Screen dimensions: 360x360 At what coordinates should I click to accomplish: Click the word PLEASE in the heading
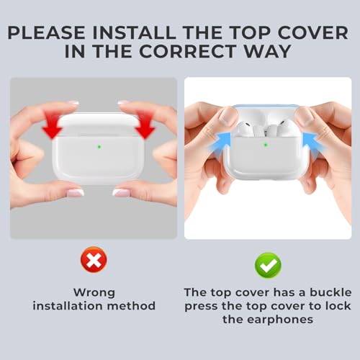(x=60, y=32)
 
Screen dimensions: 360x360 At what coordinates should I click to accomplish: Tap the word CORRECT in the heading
(x=192, y=52)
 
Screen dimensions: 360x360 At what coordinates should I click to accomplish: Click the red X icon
(x=93, y=264)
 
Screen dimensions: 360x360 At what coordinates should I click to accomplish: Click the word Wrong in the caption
(x=94, y=292)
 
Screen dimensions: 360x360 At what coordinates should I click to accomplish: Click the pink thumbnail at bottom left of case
(x=75, y=192)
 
